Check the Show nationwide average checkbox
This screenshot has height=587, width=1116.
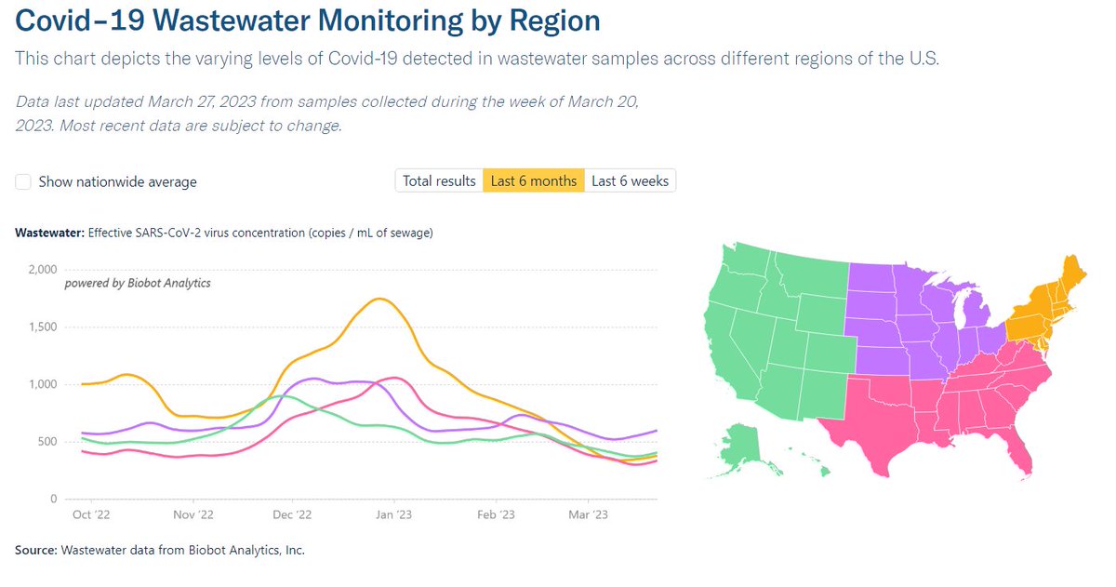coord(23,181)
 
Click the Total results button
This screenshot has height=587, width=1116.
coord(439,180)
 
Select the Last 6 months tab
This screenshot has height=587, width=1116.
coord(533,180)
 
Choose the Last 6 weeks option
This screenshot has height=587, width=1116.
coord(630,180)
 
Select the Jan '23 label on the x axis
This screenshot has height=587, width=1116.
coord(394,514)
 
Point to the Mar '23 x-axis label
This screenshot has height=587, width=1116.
coord(588,514)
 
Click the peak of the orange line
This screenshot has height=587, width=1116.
coord(379,299)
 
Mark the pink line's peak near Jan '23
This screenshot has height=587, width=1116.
coord(395,378)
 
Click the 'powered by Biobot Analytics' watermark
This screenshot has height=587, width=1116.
coord(137,283)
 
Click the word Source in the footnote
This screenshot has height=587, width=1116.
coord(35,551)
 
